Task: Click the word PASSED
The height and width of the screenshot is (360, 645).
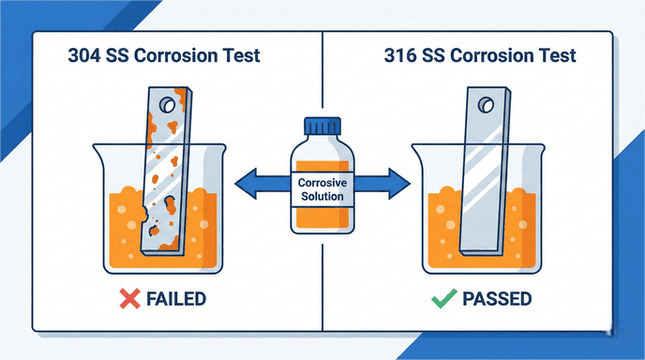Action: tap(497, 300)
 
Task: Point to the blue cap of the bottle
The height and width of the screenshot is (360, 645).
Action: tap(321, 127)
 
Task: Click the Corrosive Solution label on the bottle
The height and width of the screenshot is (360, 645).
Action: tap(321, 188)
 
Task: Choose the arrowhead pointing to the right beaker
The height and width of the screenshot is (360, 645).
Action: tap(401, 180)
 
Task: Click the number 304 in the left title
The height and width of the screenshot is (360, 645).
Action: tap(86, 55)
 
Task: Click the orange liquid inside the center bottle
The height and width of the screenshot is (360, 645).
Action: tap(321, 220)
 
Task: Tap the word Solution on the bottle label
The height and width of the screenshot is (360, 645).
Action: tap(321, 196)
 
